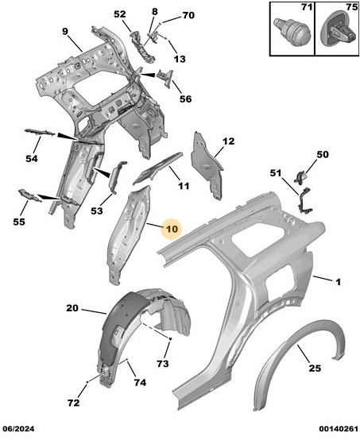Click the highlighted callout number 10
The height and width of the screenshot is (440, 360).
coord(172,229)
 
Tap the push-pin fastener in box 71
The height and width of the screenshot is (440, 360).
coord(292,31)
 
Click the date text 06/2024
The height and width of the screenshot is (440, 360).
coord(18,429)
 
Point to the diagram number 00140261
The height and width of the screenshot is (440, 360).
coord(338,429)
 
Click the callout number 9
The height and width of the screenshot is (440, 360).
coord(65,32)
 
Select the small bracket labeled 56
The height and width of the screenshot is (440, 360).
coord(165,78)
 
